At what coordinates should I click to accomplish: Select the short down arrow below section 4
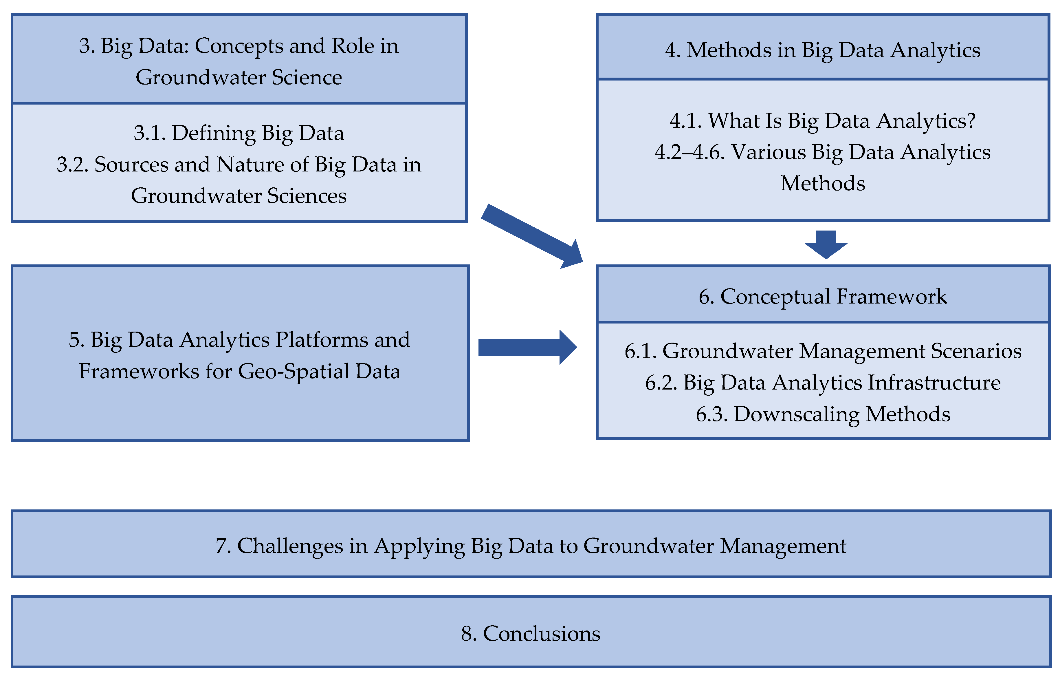coord(826,244)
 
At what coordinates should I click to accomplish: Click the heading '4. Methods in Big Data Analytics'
coord(822,50)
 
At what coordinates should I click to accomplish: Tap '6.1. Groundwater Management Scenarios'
coord(822,351)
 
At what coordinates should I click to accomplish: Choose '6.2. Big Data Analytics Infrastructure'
coord(822,382)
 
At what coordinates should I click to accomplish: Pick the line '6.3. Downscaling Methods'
coord(822,414)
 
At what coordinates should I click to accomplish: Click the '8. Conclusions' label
coord(531,633)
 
